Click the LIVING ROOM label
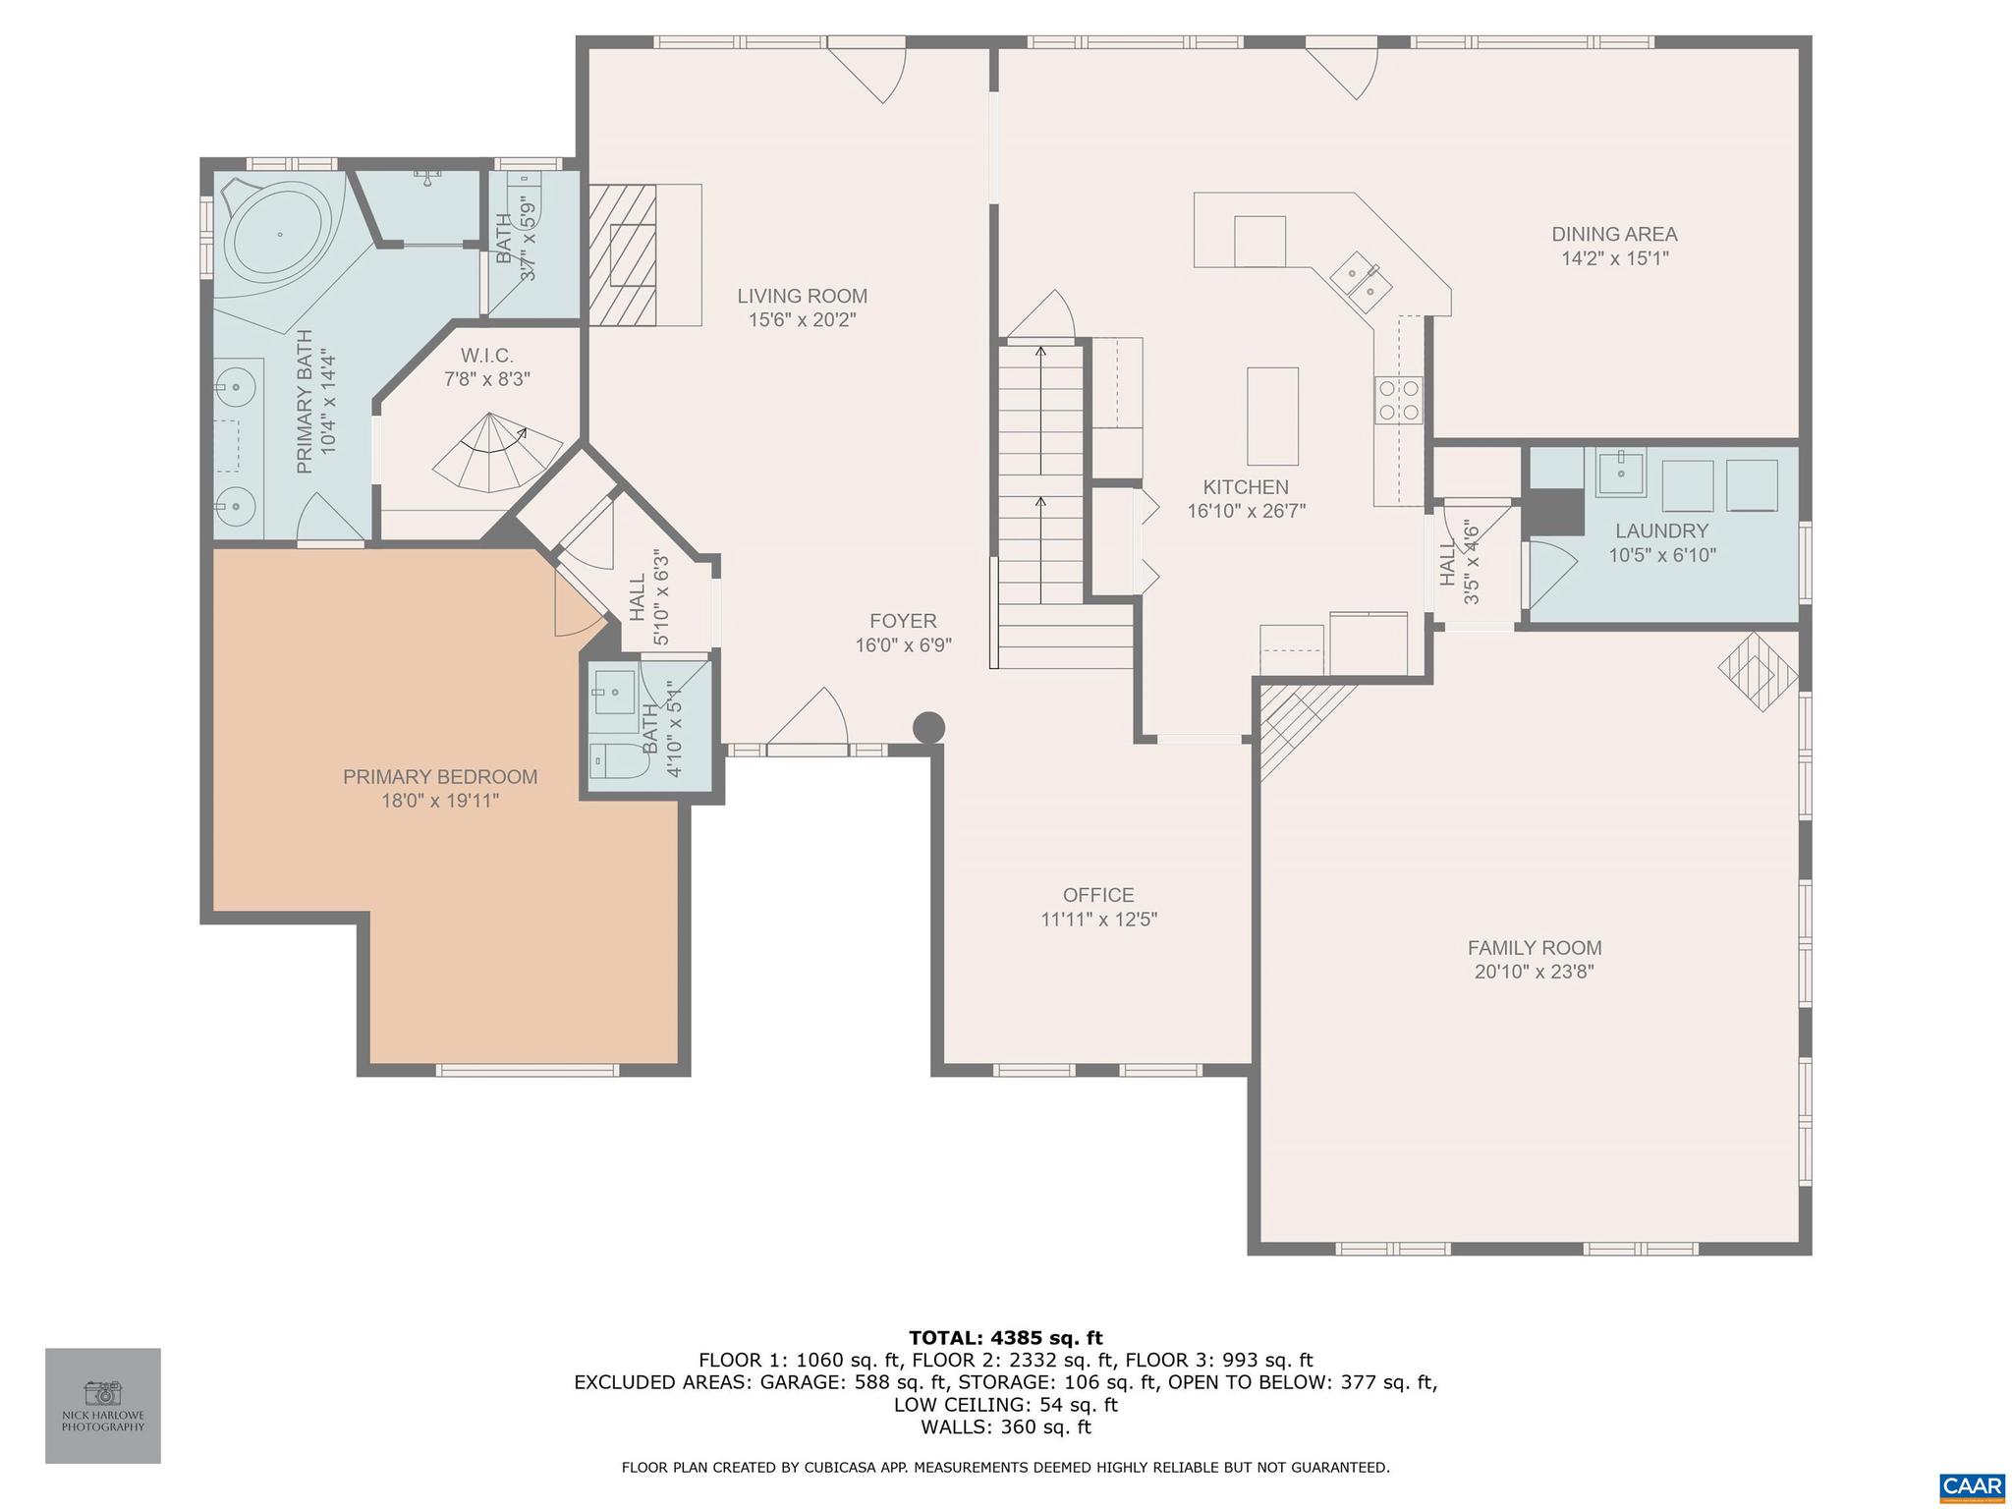tap(802, 296)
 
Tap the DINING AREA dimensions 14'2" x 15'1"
tap(1615, 259)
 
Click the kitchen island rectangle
tap(1272, 416)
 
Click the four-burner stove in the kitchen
tap(1399, 401)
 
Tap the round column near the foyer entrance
tap(928, 728)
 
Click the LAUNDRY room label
tap(1661, 531)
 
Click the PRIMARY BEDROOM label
tap(440, 777)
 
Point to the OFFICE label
tap(1098, 895)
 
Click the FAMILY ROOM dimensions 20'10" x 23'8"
tap(1534, 973)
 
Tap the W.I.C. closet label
tap(487, 356)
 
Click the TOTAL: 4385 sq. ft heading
tap(1005, 1337)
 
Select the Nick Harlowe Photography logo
tap(103, 1405)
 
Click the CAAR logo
tap(1972, 1485)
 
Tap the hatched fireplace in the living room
tap(622, 254)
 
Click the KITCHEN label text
tap(1246, 487)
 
